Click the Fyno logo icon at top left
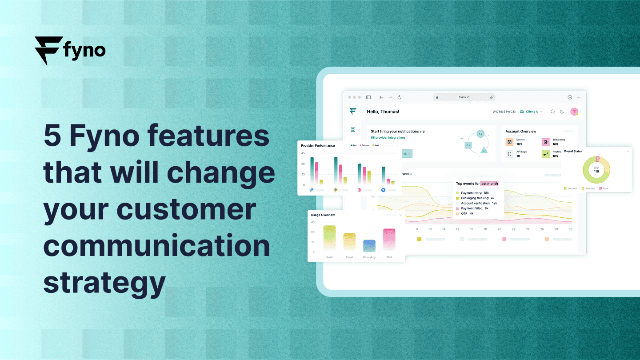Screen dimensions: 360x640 coord(48,50)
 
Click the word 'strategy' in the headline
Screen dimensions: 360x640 coord(105,282)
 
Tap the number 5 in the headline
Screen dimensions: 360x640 coord(52,136)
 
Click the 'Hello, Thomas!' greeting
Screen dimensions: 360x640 coord(383,112)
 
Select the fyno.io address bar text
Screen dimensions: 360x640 coord(464,97)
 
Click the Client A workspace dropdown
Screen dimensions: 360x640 coord(532,112)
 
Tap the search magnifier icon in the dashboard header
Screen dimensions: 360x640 coord(553,112)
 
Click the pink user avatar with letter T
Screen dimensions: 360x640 coord(574,112)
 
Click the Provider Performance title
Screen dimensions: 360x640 coord(318,146)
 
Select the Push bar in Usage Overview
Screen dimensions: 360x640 coord(329,238)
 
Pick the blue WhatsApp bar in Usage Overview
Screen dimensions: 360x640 coord(369,245)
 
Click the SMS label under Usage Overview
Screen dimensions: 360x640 coord(389,257)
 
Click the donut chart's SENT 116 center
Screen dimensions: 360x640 coord(596,170)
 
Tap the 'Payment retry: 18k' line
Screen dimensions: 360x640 coord(475,193)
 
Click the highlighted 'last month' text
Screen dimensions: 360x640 coord(489,184)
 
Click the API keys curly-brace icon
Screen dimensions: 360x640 coord(509,154)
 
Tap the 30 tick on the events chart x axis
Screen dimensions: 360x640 coord(570,229)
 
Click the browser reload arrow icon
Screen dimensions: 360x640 coord(399,97)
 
